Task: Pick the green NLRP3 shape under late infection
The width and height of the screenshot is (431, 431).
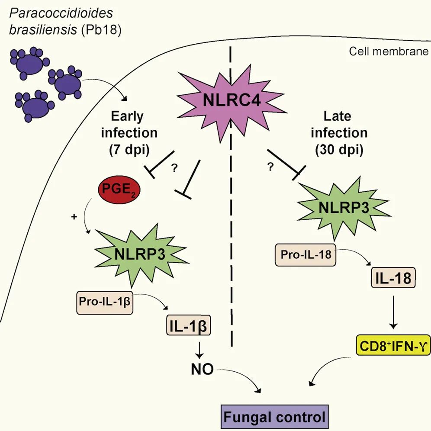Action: tap(344, 208)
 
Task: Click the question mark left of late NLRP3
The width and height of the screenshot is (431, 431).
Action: tap(271, 167)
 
